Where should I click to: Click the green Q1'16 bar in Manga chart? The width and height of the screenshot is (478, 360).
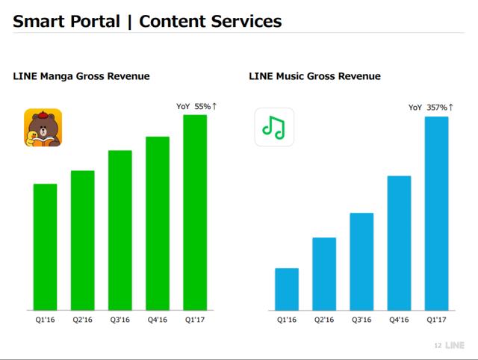click(45, 247)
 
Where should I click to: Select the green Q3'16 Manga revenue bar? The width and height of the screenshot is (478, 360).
click(120, 230)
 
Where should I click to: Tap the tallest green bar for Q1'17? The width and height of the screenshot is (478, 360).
click(195, 212)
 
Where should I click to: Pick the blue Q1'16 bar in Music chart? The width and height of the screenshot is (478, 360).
click(287, 289)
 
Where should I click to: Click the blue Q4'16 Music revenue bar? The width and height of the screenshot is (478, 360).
click(400, 243)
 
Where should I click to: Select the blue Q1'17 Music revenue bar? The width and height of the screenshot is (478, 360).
click(436, 214)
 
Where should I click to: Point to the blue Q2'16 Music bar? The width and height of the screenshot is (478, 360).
click(324, 273)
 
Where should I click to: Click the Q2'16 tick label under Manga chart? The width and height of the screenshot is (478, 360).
click(82, 320)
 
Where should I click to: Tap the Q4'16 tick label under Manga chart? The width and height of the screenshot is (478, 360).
click(158, 320)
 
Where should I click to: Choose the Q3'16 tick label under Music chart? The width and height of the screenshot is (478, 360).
click(361, 320)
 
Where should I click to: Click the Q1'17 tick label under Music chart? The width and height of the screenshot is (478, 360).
click(436, 320)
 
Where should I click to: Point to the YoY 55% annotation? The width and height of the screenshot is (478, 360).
click(196, 106)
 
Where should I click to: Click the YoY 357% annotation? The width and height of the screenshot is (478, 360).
click(431, 108)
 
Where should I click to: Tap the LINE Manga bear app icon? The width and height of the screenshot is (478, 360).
click(43, 128)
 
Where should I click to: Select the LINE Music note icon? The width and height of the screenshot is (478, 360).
click(274, 127)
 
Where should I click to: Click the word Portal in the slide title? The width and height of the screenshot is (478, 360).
click(95, 22)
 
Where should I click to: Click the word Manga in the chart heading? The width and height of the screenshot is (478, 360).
click(57, 76)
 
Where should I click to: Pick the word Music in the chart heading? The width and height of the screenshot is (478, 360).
click(291, 76)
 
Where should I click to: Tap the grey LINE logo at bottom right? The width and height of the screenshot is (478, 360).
click(455, 345)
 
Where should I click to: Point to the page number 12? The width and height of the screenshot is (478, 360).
click(438, 346)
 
